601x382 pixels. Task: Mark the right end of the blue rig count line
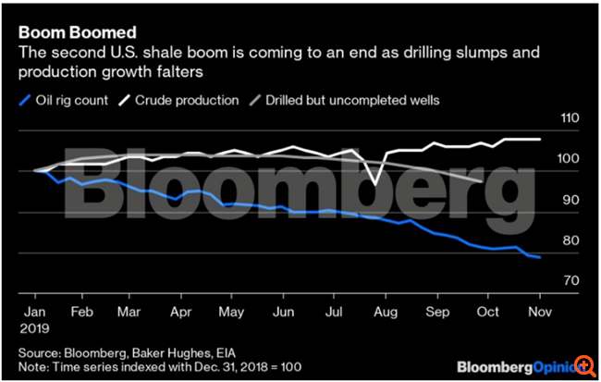pos(540,257)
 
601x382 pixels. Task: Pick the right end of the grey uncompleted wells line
pos(478,181)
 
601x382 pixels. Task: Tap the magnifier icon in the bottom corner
pos(585,367)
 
